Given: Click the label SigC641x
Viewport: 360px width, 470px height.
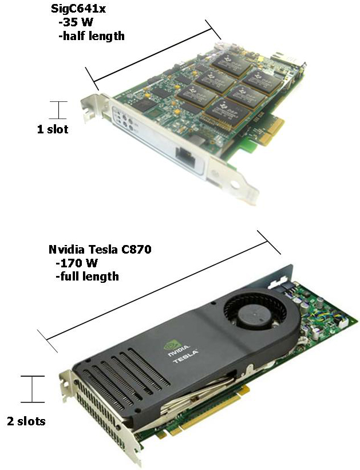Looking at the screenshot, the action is click(78, 9).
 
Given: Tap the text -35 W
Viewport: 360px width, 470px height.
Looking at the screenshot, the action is click(76, 22).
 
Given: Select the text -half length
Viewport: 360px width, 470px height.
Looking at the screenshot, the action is click(92, 36).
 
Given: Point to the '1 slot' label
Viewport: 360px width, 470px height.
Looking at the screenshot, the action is click(53, 129).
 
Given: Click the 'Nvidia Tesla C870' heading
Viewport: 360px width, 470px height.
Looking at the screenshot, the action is click(100, 249).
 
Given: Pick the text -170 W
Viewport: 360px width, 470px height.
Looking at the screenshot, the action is click(77, 263).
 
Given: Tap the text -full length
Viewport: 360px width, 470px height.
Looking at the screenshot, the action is click(87, 277).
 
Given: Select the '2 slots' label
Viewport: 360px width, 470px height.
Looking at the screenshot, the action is click(26, 421).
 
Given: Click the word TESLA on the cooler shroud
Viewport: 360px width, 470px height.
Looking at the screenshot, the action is click(186, 356).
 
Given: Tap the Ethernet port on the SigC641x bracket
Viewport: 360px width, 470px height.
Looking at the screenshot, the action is click(185, 157).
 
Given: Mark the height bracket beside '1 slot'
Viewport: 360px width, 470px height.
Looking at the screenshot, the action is click(58, 110).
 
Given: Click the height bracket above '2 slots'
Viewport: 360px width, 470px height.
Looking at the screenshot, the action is click(33, 389).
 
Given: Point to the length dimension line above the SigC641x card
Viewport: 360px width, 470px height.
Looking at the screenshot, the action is click(153, 55).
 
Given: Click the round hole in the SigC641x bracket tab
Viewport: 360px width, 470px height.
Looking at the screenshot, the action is click(236, 184).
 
